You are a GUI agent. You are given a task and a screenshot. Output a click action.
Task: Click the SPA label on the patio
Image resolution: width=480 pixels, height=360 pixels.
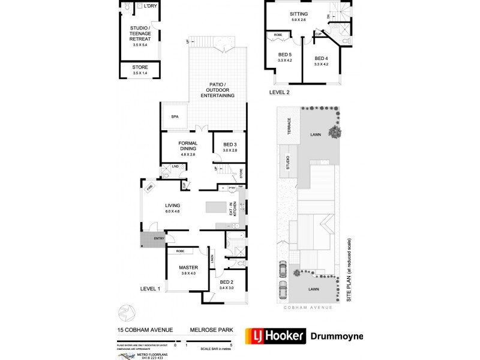[175, 116]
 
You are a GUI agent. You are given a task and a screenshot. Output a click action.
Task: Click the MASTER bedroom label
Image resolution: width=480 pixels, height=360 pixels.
[188, 268]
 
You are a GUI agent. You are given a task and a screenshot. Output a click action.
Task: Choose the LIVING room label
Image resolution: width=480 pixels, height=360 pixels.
[173, 206]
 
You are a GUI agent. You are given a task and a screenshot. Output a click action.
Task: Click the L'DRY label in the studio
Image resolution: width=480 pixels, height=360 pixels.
[151, 6]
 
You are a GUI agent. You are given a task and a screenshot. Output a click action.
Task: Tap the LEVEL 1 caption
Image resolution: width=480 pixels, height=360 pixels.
[150, 289]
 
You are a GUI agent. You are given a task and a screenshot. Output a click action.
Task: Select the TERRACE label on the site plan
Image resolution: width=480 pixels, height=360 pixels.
[289, 127]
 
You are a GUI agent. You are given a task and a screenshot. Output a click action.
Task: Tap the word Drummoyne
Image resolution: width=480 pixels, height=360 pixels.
[336, 336]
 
